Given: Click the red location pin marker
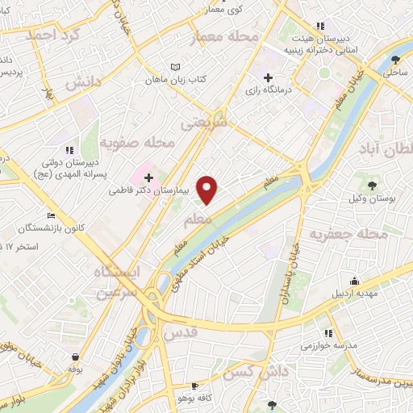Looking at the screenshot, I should point(208,190).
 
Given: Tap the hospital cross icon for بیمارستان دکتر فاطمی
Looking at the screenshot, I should point(149,177).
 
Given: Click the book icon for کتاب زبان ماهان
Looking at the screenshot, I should point(176,67).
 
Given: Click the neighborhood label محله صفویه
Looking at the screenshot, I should point(150,144).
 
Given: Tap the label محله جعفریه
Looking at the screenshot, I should point(377,235).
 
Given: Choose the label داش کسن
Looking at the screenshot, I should point(257,372).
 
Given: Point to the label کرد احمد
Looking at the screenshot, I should point(55,35).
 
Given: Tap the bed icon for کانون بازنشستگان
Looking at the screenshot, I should point(52,216).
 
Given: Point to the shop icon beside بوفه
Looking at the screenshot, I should point(75,357).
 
